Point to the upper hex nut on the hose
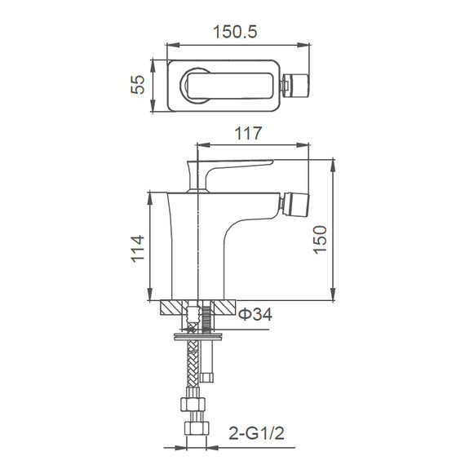[x=193, y=403]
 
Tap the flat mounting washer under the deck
[x=199, y=332]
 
